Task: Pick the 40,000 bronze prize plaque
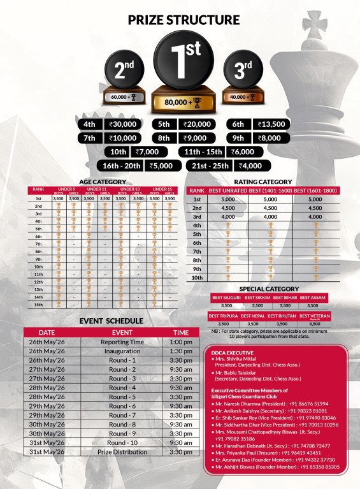(x=241, y=97)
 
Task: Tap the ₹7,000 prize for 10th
(x=151, y=152)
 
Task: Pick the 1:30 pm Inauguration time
(x=181, y=351)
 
